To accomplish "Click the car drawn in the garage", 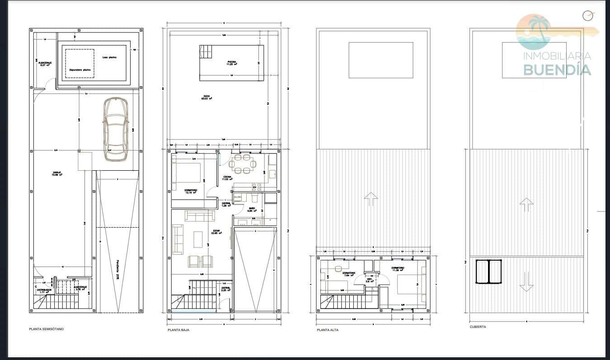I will coord(115,129).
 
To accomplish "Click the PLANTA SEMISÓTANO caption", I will coord(46,329).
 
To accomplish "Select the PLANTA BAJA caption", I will coord(178,330).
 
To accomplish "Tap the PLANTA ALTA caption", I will coord(327,330).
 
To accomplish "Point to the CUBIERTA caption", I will coord(478,327).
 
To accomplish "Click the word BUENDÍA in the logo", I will coord(557,70).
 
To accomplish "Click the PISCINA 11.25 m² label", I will coord(232,63).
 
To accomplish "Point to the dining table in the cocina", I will coord(241,164).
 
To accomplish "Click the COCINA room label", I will coord(227,178).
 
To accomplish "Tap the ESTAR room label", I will coord(217,232).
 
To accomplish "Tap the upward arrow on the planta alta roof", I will coord(370,199).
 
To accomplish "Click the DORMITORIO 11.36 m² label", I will coord(398,269).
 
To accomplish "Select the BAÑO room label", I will coord(252,210).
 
